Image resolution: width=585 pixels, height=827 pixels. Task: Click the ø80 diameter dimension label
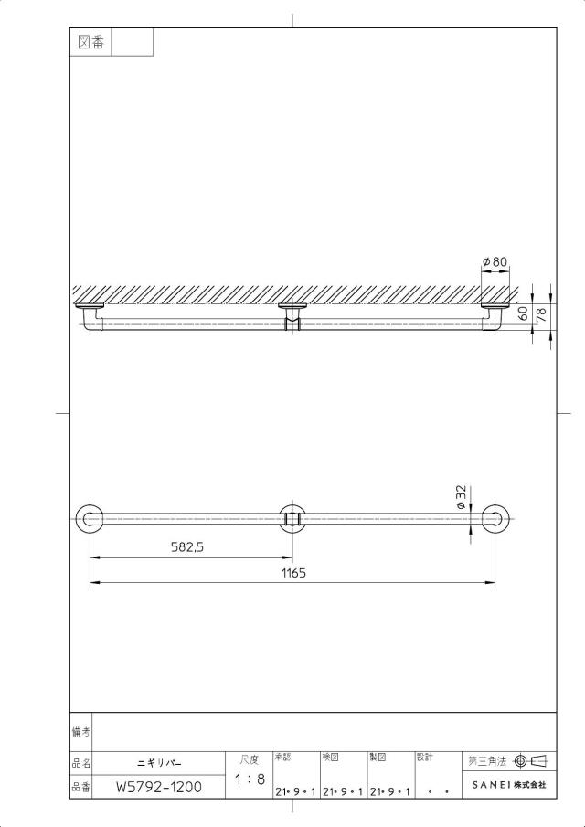(x=495, y=261)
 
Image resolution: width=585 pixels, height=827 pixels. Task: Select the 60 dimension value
(x=523, y=314)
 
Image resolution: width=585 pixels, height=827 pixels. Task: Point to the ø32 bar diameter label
(x=461, y=498)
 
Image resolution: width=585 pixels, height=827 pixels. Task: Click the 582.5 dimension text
(x=187, y=547)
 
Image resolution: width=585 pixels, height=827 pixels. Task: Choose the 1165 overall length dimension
(x=293, y=573)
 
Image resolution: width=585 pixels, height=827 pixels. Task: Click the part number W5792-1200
(x=159, y=788)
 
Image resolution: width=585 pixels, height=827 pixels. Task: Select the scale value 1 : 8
(x=250, y=779)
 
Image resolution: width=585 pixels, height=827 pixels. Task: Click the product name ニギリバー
(x=159, y=763)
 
